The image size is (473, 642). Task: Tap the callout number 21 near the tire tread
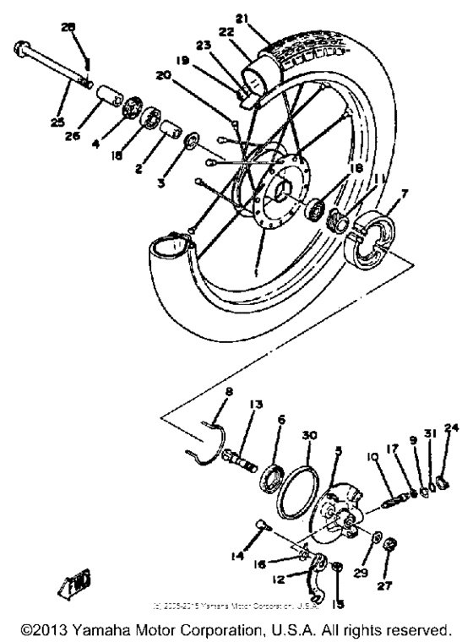(x=265, y=19)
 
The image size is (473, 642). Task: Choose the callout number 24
(x=449, y=427)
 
